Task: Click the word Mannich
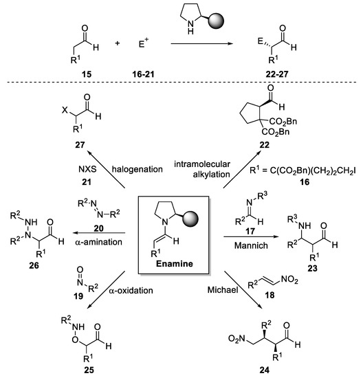coord(247,223)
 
